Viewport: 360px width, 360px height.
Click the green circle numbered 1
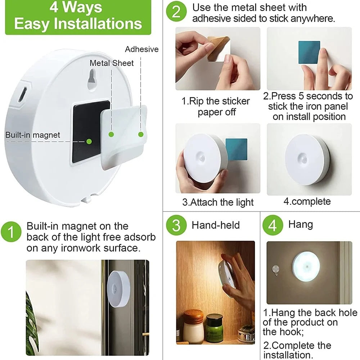[x=11, y=231]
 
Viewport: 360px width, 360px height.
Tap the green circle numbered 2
[x=176, y=11]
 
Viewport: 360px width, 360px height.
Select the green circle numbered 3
[x=176, y=225]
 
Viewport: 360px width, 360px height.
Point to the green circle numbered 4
[x=273, y=225]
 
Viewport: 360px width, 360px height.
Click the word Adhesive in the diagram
[x=141, y=49]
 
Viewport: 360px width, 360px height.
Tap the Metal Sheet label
[x=112, y=63]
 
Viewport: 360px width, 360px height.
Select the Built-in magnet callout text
[x=33, y=135]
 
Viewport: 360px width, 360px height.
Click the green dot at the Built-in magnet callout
[x=89, y=141]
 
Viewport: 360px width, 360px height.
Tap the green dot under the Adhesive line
[x=141, y=134]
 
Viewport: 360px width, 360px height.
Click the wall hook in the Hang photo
[x=276, y=270]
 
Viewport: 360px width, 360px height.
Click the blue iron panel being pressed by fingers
[x=309, y=52]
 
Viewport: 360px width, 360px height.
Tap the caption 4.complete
[x=307, y=201]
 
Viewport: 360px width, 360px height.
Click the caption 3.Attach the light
[x=218, y=202]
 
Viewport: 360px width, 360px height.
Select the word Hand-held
[x=216, y=225]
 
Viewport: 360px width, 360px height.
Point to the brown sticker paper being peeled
[x=217, y=48]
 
